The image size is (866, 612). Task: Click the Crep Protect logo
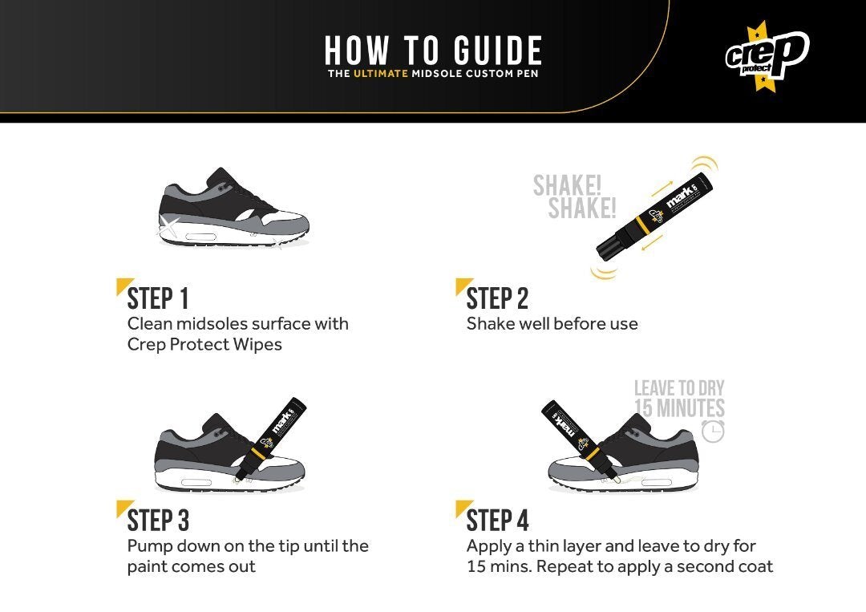767,55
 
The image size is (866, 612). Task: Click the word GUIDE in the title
498,51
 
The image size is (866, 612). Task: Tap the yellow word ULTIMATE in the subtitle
381,74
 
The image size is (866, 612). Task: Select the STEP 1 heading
158,299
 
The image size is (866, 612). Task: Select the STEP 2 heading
497,299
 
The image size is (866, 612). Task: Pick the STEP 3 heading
158,521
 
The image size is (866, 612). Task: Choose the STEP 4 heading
497,521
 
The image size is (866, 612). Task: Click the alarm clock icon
713,431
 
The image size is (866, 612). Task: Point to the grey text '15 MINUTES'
679,408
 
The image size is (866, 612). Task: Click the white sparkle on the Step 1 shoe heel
170,226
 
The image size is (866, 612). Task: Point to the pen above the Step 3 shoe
271,438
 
